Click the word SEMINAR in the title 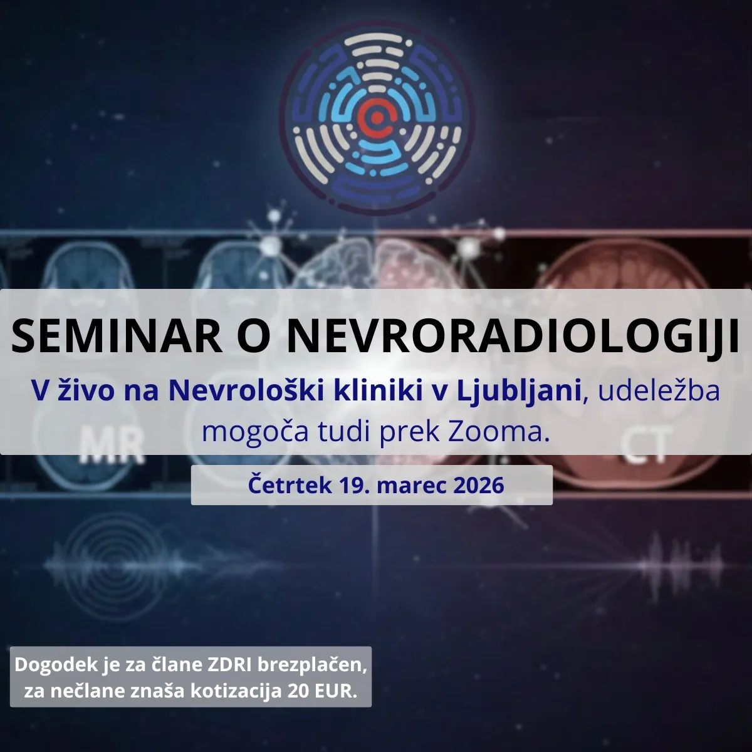pyautogui.click(x=117, y=336)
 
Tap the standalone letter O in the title pyautogui.click(x=255, y=336)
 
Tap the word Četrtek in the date pyautogui.click(x=290, y=486)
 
